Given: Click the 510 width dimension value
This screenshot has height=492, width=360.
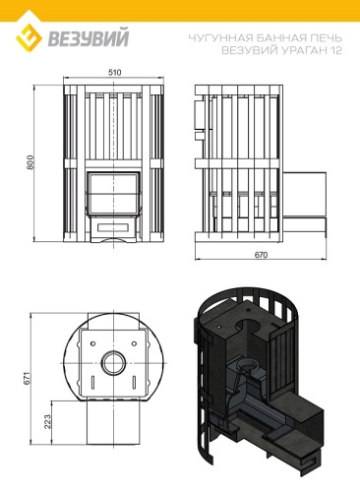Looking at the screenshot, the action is (114, 72).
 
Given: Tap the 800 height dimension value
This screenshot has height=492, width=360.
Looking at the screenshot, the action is (30, 162).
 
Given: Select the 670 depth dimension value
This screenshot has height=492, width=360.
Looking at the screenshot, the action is (261, 255).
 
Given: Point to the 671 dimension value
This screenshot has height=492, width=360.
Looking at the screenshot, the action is (28, 378).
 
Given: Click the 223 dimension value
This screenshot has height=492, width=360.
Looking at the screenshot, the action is (48, 422).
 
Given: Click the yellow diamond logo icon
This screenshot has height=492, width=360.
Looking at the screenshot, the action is (29, 37).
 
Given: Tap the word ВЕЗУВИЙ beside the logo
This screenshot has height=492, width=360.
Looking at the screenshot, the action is (89, 38).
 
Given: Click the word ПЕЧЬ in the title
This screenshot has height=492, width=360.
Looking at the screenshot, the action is (326, 38).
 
